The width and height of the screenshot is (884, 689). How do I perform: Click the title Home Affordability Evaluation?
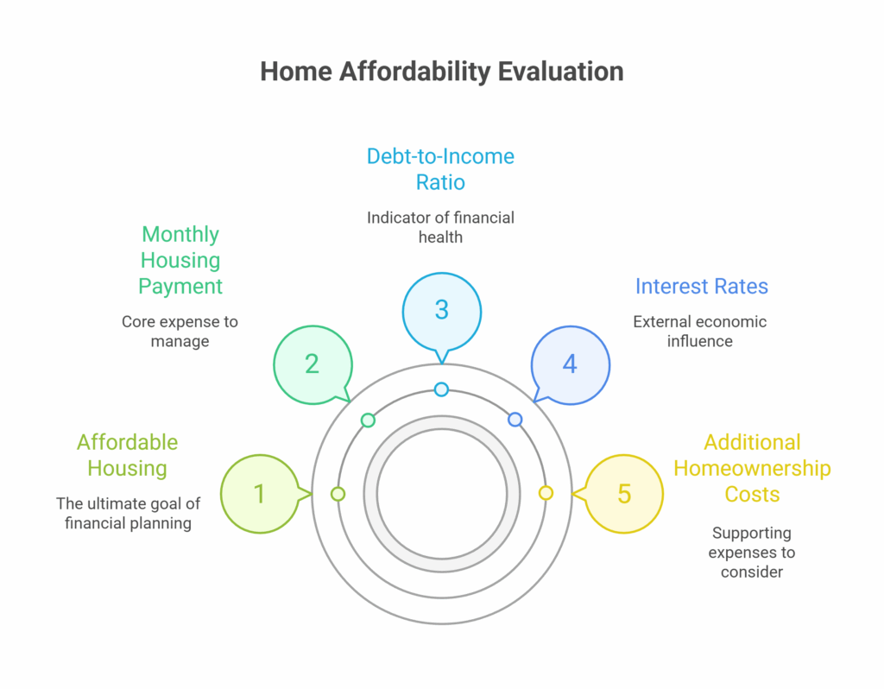tap(441, 73)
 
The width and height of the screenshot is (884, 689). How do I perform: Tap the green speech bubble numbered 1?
tap(261, 494)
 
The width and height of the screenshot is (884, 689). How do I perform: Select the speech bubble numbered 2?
tap(313, 365)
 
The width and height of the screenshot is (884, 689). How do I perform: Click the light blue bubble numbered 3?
tap(441, 313)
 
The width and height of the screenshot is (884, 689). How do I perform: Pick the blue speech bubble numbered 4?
tap(570, 365)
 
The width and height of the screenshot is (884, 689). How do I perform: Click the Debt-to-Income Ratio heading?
tap(440, 169)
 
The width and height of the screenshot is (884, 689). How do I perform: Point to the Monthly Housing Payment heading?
tap(180, 260)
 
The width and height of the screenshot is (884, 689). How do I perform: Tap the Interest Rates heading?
tap(701, 287)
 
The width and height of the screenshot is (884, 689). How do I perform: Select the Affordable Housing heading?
tap(128, 455)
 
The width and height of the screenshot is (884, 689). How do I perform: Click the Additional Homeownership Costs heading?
tap(752, 468)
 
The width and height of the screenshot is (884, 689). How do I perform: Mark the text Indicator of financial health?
tap(440, 227)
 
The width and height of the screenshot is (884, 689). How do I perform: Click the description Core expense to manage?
tap(180, 332)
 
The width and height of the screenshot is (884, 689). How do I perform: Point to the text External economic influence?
tap(699, 332)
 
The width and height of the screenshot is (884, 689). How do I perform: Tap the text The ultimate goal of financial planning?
tap(128, 513)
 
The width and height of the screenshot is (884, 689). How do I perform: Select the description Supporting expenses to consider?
tap(752, 553)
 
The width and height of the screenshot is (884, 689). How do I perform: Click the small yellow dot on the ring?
tap(546, 493)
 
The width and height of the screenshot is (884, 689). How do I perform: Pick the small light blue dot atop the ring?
tap(441, 389)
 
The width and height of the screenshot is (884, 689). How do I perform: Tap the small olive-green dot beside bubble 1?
tap(338, 494)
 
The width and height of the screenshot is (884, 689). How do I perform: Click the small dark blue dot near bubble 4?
tap(515, 420)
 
